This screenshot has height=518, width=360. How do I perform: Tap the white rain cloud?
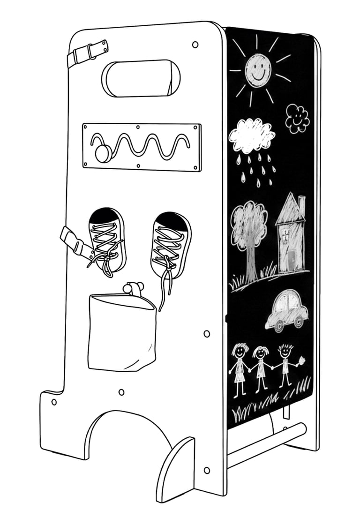point(251,135)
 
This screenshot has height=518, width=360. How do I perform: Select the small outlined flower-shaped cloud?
point(297,118)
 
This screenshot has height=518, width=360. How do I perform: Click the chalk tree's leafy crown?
point(249,220)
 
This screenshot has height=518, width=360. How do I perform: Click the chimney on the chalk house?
point(301,204)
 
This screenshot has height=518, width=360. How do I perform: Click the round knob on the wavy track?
point(103,153)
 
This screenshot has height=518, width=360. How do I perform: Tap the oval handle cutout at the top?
point(141,79)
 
